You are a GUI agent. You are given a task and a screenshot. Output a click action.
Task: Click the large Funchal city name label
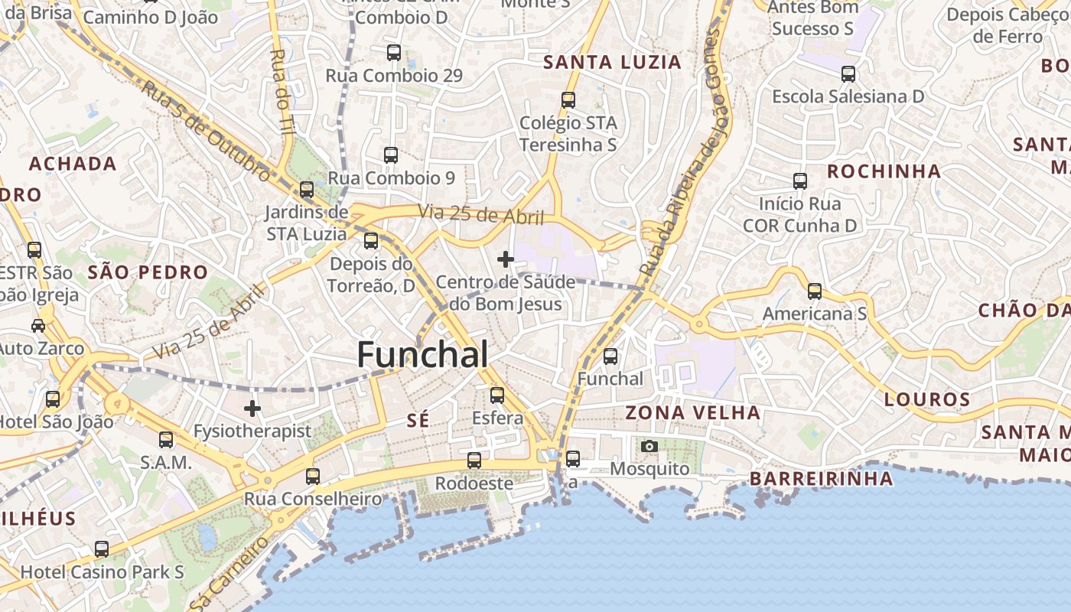[x=422, y=355]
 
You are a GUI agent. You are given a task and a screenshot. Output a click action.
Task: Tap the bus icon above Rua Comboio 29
[x=394, y=53]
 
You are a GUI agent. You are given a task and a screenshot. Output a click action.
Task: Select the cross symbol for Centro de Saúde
[x=506, y=260]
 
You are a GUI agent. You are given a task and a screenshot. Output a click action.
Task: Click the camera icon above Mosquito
[x=649, y=446]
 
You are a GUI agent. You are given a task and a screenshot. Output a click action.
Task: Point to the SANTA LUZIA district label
[x=612, y=63]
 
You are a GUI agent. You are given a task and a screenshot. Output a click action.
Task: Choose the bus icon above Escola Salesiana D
[x=848, y=74]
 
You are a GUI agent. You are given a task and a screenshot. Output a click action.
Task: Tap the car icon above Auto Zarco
[x=37, y=326]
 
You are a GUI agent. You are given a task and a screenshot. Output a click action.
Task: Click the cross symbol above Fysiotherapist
[x=252, y=409]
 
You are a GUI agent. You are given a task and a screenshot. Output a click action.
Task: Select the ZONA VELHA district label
[x=693, y=413]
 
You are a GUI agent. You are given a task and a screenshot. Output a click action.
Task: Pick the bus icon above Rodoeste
[x=474, y=461]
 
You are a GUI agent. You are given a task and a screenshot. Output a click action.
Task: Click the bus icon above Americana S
[x=815, y=291]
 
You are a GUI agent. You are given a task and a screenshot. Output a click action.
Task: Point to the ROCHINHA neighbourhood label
[x=884, y=171]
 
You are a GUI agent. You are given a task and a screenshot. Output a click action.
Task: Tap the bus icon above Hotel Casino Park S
[x=102, y=549]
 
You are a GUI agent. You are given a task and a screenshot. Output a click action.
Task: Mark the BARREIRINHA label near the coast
[x=821, y=479]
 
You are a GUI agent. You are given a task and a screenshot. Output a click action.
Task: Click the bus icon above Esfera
[x=497, y=396]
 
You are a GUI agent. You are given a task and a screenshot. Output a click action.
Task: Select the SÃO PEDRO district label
[x=148, y=272]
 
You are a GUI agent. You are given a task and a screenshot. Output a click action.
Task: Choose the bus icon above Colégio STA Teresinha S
[x=568, y=100]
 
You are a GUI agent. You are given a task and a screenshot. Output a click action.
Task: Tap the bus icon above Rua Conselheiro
[x=312, y=477]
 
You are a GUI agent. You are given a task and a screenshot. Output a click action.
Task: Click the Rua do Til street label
[x=282, y=93]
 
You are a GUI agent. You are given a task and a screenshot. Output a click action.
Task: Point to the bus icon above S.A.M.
[x=166, y=440]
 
